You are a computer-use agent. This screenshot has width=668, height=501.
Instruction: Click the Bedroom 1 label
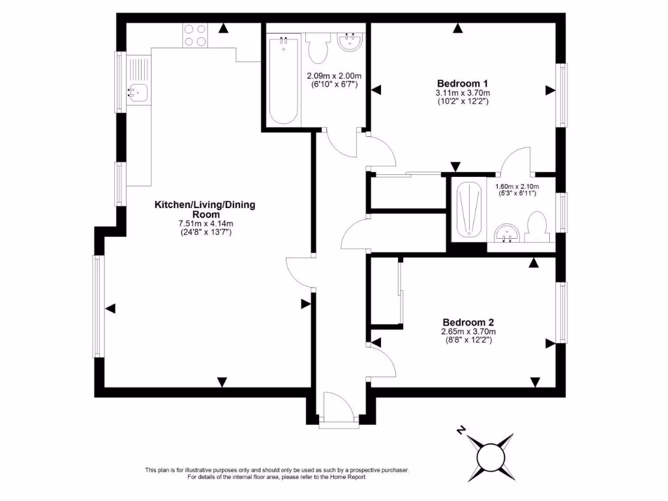pos(463,83)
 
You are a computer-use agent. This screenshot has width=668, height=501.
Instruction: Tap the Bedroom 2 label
pos(468,322)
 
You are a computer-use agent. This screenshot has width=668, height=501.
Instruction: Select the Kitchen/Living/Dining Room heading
pos(204,209)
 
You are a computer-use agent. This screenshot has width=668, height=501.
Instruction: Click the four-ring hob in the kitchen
pos(195,35)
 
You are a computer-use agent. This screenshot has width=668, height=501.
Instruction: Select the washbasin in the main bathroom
pos(351,43)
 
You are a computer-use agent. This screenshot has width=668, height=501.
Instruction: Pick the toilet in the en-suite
pos(539,226)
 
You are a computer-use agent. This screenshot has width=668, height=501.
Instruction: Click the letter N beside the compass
pos(461,430)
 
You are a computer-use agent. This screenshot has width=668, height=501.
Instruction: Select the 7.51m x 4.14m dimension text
pos(204,224)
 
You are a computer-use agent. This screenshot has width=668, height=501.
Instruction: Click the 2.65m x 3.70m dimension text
pos(468,332)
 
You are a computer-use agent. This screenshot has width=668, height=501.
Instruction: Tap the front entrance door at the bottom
pos(338,408)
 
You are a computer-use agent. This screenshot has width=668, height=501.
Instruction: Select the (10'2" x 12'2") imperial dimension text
pos(463,101)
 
